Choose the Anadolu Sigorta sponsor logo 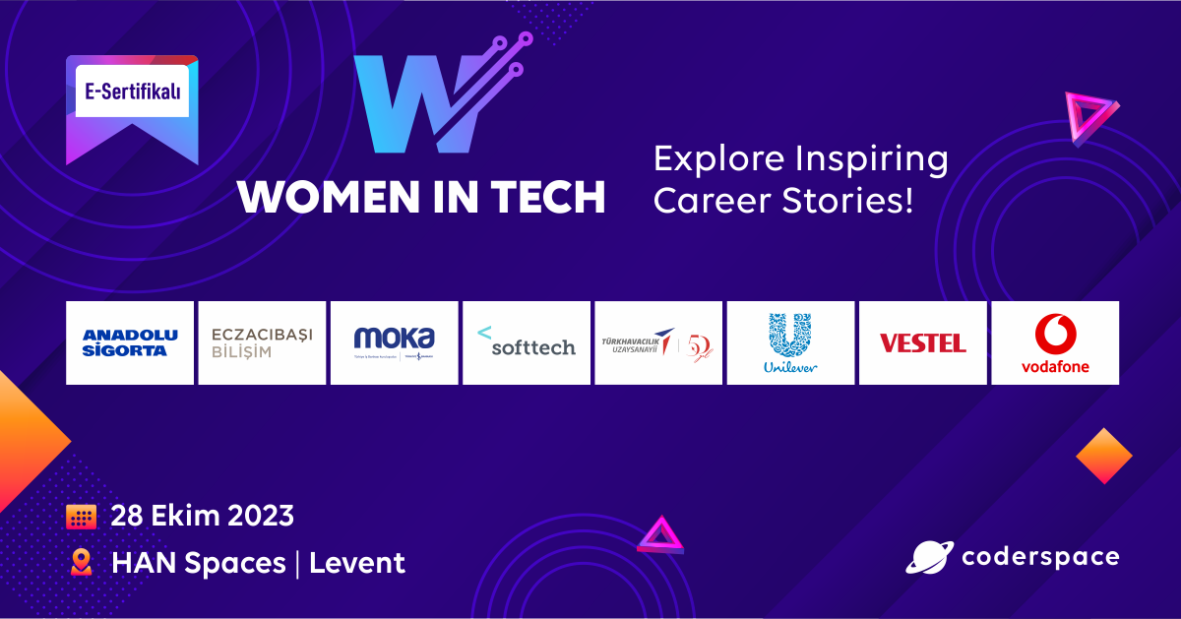point(130,342)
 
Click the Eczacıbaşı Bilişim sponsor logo point(262,342)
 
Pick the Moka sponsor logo point(394,342)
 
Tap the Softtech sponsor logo point(527,342)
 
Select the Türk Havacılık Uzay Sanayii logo point(658,342)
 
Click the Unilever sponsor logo point(790,342)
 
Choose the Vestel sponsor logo point(922,342)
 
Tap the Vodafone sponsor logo point(1055,342)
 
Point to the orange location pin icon point(81,563)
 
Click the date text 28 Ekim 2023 point(202,516)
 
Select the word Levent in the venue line point(357,563)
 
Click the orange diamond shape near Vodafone point(1104,456)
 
